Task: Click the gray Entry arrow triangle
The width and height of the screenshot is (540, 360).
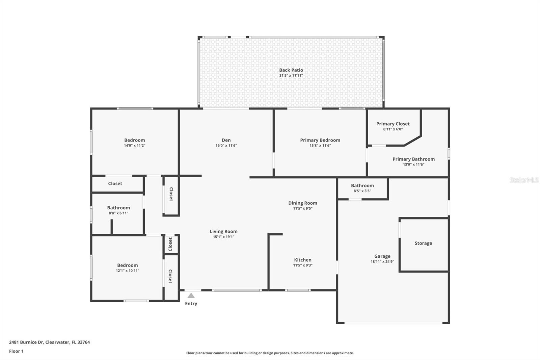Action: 191,295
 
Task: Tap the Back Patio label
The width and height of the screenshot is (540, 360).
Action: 291,70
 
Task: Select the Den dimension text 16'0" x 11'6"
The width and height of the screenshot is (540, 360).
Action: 226,146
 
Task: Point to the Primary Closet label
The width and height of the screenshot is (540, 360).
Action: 393,124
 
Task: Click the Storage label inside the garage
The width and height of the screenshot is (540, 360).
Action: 423,243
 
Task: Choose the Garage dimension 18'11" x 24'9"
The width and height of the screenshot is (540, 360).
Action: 382,261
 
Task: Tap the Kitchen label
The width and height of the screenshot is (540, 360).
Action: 303,260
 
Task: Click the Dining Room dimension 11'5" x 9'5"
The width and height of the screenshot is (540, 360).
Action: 303,208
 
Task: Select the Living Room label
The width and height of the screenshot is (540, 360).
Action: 223,231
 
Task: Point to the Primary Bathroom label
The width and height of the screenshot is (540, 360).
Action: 414,159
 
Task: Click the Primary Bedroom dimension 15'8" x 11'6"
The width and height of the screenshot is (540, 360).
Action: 320,146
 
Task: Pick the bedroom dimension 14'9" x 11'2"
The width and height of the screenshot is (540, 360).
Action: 135,146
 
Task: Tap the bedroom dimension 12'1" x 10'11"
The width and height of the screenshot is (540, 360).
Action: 128,271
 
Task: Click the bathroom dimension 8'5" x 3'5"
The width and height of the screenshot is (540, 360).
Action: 362,191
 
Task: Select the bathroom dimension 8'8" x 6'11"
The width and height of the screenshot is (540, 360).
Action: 118,213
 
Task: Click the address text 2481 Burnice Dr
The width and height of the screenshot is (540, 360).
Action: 26,342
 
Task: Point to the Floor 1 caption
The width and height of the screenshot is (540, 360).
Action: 16,351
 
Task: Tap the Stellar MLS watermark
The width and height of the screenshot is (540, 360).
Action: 524,180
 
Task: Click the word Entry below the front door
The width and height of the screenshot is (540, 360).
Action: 191,304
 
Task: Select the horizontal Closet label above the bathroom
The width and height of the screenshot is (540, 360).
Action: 115,184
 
